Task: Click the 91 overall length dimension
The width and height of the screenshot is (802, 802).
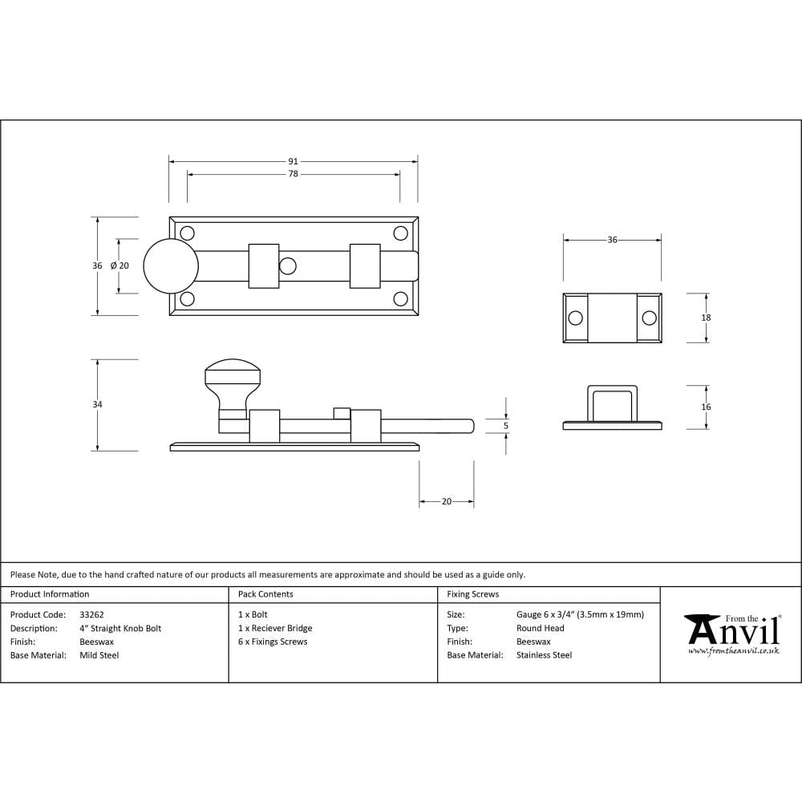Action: point(293,161)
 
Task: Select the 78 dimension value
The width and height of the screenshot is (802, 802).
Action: point(293,174)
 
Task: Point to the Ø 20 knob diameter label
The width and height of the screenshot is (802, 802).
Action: point(119,265)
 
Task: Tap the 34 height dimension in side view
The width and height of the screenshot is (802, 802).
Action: point(97,405)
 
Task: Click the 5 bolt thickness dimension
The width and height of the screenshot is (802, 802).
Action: point(505,426)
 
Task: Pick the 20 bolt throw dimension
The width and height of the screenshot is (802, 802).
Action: point(447,501)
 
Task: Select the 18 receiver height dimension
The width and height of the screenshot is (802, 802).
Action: point(706,318)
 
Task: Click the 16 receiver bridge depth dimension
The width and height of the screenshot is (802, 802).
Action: point(706,407)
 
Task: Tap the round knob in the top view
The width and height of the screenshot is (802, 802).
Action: point(171,266)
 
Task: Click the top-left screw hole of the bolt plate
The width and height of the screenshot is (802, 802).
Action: point(188,233)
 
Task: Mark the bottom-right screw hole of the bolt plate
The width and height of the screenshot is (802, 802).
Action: point(400,299)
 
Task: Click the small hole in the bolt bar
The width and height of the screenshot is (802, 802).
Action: point(287,265)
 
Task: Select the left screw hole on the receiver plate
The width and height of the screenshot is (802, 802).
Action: point(575,318)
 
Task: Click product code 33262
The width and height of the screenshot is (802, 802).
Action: point(92,614)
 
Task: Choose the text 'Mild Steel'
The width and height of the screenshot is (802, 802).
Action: point(99,655)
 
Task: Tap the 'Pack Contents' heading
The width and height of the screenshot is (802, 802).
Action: point(265,594)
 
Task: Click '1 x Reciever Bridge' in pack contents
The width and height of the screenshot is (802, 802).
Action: point(275,628)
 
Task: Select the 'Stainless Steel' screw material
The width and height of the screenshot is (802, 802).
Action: point(544,655)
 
